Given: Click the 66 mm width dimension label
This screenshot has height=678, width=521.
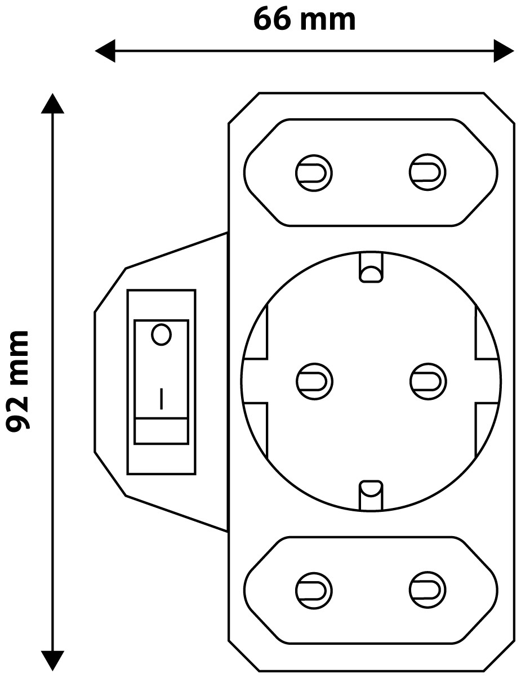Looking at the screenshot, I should pos(304,20).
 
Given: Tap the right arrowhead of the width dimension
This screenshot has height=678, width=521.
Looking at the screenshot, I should pos(504,51).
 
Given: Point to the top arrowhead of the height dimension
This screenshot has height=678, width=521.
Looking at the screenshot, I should pos(52,104).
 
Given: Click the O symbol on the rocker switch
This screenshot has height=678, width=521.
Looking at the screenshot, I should pos(161,335).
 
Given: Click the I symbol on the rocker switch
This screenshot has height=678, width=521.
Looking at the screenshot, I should pos(161,399).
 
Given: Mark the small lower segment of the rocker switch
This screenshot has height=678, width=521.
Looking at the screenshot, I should pos(161,431).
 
